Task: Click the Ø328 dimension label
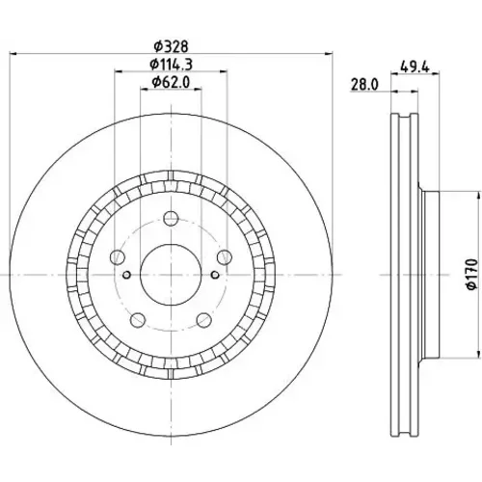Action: [x=171, y=47]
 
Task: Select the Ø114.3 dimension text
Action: [x=172, y=65]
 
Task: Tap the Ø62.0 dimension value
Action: [x=171, y=83]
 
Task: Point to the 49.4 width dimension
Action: [x=415, y=67]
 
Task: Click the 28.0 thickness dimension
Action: [x=364, y=85]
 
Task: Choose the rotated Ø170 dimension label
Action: [x=472, y=275]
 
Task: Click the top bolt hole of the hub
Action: [x=171, y=219]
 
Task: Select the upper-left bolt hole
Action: [x=118, y=257]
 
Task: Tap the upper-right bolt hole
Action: [x=225, y=257]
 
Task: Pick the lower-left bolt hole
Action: [x=138, y=319]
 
